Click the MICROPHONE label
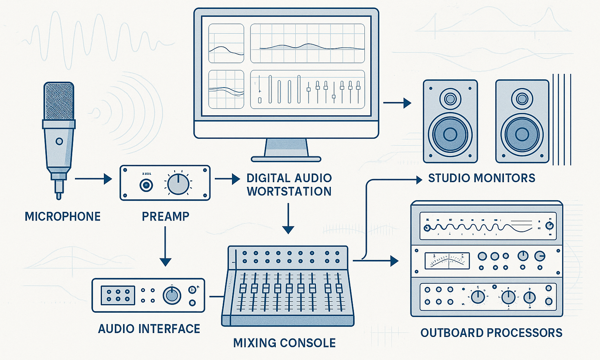click(x=62, y=216)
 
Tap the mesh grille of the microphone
click(x=59, y=101)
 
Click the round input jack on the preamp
click(x=146, y=185)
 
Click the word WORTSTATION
click(x=289, y=192)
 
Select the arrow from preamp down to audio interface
click(x=165, y=246)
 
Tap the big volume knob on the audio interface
click(x=171, y=295)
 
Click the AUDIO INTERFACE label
click(x=149, y=329)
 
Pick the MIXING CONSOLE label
click(x=284, y=343)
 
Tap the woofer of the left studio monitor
click(x=450, y=134)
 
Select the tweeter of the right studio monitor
click(x=522, y=99)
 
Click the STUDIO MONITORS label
click(x=482, y=178)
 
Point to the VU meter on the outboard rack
click(x=447, y=260)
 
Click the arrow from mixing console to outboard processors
click(x=377, y=260)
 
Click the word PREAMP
click(x=166, y=216)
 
